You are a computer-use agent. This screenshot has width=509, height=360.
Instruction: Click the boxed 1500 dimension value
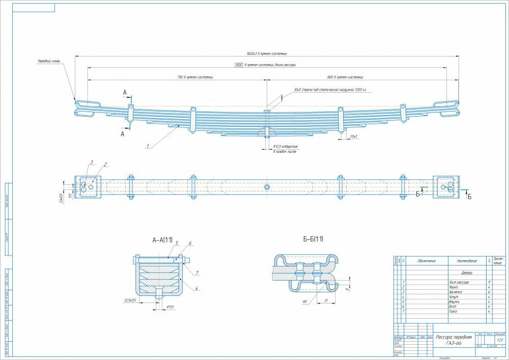pos(238,65)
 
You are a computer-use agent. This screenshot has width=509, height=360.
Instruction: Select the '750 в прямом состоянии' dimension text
pos(195,77)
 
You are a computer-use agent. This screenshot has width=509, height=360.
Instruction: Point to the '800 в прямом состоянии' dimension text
pos(346,77)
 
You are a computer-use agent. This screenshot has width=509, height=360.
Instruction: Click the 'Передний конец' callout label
pos(49,61)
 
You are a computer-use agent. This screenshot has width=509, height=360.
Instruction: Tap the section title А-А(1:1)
pos(162,239)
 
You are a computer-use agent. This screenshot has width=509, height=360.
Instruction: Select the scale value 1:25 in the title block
pos(499,340)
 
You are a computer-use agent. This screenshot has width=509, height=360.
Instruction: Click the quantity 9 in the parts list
pos(489,282)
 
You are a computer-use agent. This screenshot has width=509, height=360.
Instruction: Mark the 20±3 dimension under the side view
pos(353,136)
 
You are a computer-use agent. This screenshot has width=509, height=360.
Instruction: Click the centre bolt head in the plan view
pos(267,187)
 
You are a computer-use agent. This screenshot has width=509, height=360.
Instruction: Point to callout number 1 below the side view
pos(147,147)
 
